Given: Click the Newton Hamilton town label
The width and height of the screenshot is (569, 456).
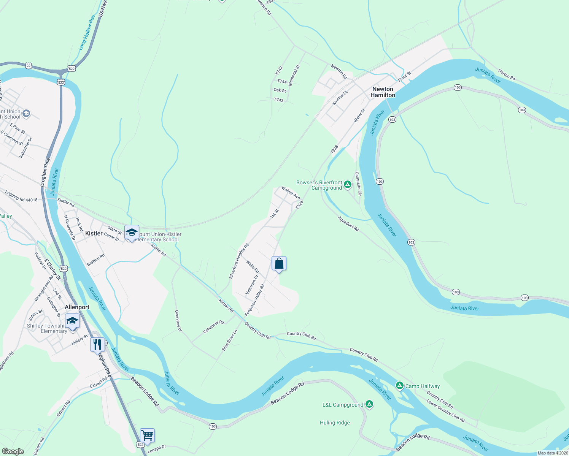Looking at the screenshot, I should pyautogui.click(x=383, y=92).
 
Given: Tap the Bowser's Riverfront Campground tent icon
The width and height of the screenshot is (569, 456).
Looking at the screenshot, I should pyautogui.click(x=347, y=185).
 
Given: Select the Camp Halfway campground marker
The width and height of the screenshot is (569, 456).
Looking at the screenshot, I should pyautogui.click(x=399, y=386).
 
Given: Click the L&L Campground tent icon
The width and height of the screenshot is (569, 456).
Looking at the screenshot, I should pyautogui.click(x=369, y=404).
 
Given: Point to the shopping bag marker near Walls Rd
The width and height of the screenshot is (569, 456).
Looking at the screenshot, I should pyautogui.click(x=279, y=263).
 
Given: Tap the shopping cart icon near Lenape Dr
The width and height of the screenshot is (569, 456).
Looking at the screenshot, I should pyautogui.click(x=147, y=435).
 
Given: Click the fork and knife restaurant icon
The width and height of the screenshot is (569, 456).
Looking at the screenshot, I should pyautogui.click(x=97, y=344).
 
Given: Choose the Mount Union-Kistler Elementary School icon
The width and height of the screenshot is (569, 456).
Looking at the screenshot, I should pyautogui.click(x=131, y=232).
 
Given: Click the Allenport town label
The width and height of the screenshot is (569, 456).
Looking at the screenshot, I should pyautogui.click(x=77, y=307).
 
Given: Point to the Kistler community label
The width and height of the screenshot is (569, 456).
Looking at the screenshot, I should pyautogui.click(x=94, y=233).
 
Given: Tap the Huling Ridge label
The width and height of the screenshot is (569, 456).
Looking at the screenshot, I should pyautogui.click(x=335, y=423).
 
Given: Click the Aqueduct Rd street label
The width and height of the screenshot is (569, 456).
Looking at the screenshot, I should pyautogui.click(x=348, y=224).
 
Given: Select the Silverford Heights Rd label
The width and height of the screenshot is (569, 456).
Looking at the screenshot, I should pyautogui.click(x=239, y=261).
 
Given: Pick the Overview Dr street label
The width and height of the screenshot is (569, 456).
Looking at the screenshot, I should pyautogui.click(x=178, y=321).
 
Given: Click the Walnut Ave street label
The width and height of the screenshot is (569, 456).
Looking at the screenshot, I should pyautogui.click(x=291, y=193).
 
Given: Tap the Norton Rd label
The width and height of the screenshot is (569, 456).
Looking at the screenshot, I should pyautogui.click(x=507, y=75).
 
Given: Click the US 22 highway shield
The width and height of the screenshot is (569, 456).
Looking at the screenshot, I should pyautogui.click(x=29, y=66).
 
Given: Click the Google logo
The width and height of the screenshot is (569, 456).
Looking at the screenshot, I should pyautogui.click(x=13, y=451).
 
